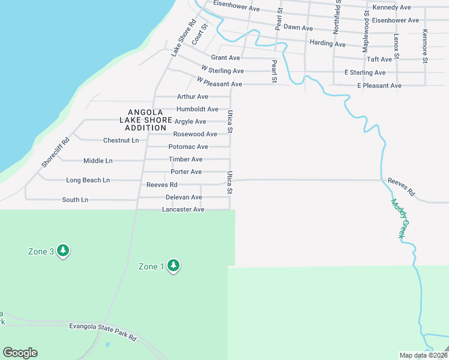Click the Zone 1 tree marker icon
(x=173, y=266)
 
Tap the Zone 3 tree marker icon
(x=63, y=251)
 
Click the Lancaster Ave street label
(x=183, y=209)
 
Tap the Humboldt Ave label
(x=197, y=109)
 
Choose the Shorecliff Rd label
(x=55, y=153)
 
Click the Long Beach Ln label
(x=88, y=180)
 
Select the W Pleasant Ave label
(x=219, y=84)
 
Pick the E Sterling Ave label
(x=364, y=73)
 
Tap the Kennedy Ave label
(x=391, y=7)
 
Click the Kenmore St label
(x=424, y=46)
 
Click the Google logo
(x=20, y=353)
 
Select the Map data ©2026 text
(x=423, y=355)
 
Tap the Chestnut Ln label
(x=121, y=140)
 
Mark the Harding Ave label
(x=327, y=44)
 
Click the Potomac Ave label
(x=188, y=147)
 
